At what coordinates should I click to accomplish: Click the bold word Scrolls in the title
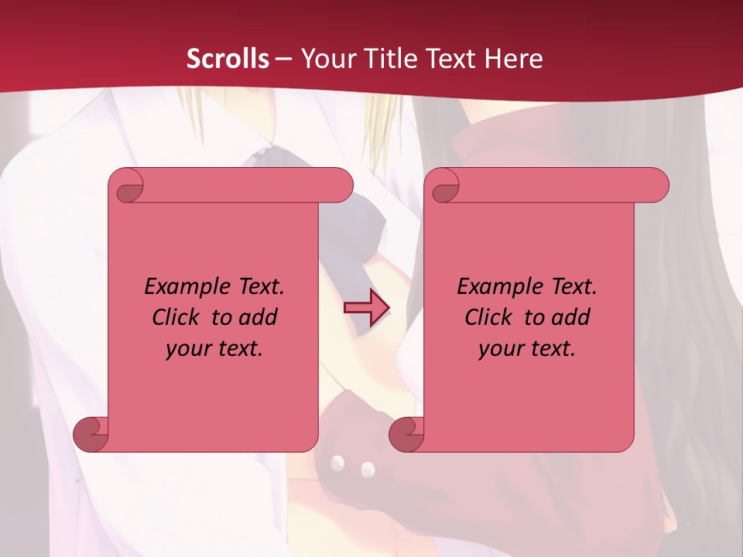tap(228, 58)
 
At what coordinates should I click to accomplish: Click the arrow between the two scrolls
tap(366, 308)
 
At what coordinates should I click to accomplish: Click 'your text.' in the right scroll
tap(527, 348)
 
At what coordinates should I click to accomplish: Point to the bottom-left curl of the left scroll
tap(91, 435)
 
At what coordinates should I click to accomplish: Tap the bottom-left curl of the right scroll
tap(407, 435)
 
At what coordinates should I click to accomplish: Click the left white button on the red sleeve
tap(337, 463)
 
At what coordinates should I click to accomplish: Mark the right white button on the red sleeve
tap(368, 469)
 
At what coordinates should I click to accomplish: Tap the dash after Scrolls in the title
tap(284, 58)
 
